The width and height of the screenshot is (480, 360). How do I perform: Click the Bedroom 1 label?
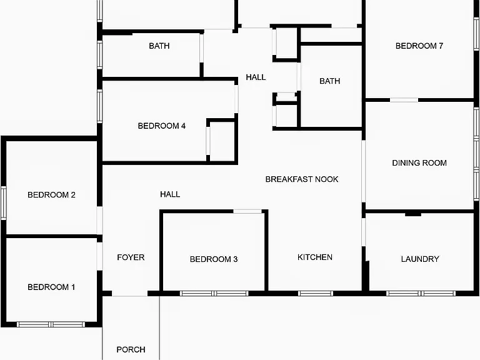point(51,287)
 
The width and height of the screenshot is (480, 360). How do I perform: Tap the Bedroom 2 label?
point(51,195)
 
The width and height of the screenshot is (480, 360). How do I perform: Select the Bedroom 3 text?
point(214,259)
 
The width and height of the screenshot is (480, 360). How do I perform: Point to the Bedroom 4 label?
point(162,126)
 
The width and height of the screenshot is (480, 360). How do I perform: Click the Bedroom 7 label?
point(419,46)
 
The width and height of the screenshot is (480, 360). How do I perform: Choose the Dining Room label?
point(419,163)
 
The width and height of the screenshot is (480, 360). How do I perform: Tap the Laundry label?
point(420,259)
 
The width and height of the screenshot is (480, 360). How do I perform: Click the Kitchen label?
point(315,257)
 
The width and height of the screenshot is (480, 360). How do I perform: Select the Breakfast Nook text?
point(302,179)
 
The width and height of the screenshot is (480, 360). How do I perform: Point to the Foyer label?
point(131,257)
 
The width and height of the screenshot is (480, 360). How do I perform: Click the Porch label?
point(131,349)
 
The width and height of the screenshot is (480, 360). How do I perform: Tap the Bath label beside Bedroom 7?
point(330,81)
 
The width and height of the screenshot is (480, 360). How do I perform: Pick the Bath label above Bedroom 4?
point(159,46)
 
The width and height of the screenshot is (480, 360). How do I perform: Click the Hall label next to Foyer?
point(170,194)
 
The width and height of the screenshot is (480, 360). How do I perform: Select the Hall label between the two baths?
point(256,77)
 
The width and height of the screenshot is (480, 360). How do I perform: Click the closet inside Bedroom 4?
point(222,140)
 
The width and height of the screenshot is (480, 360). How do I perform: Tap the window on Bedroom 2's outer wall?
point(4,203)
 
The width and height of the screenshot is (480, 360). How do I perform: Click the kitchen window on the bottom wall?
point(316,294)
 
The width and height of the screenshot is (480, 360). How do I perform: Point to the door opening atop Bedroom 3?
point(247,211)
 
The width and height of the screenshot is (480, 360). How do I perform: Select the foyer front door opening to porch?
point(130,294)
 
